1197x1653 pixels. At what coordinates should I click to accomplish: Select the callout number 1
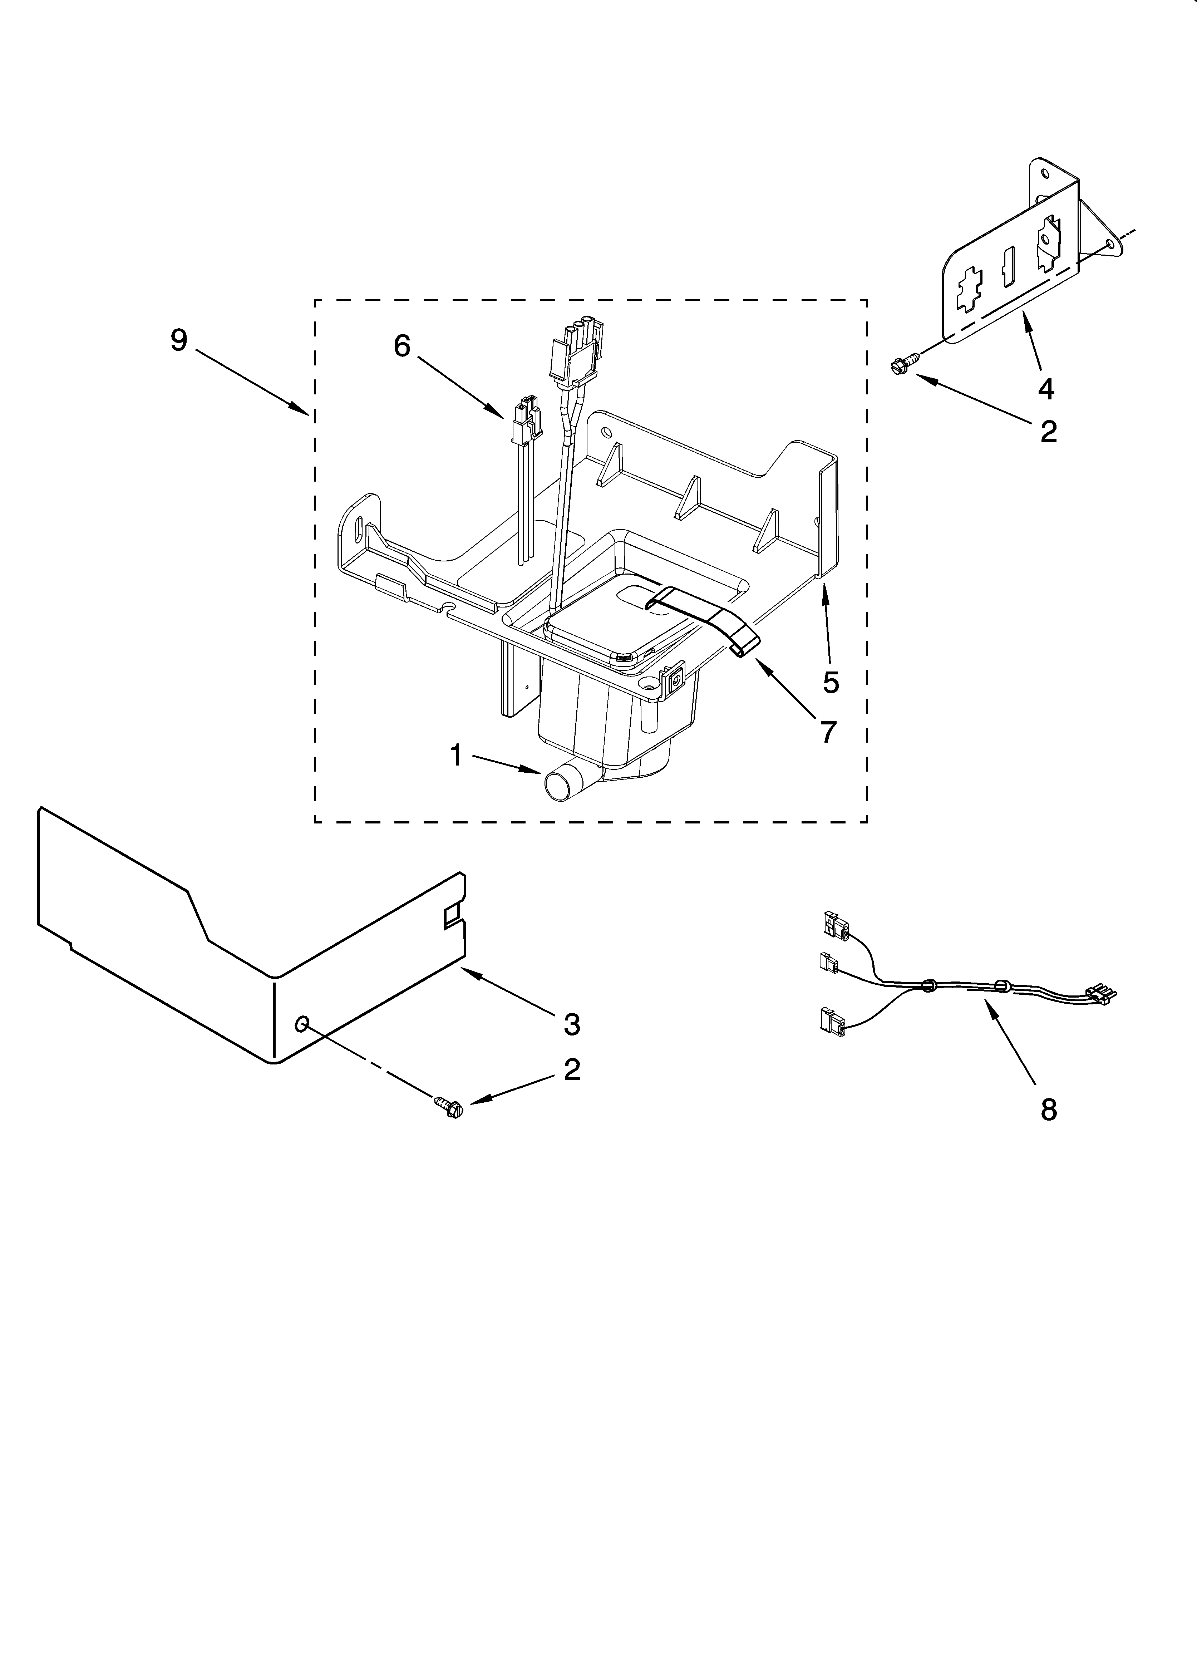tap(455, 756)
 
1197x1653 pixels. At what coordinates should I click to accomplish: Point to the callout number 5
tap(830, 682)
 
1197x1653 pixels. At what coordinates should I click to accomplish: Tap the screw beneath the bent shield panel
tap(450, 1106)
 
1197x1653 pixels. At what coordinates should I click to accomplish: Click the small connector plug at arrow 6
tap(526, 423)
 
